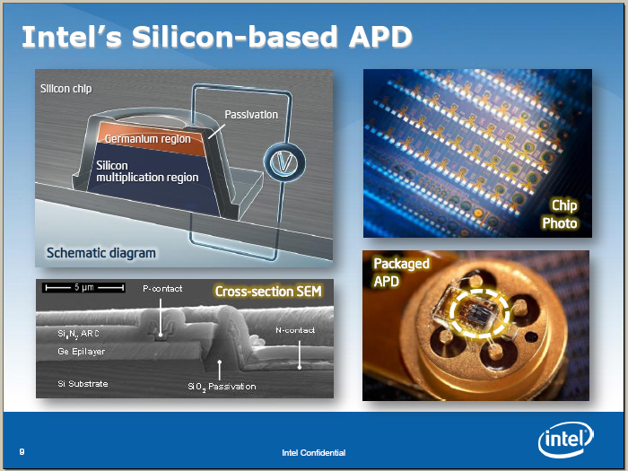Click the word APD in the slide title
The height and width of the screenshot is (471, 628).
[380, 37]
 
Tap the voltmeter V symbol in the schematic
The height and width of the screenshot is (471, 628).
[284, 162]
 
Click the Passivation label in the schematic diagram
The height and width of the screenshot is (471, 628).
[251, 115]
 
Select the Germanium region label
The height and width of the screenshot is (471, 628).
[147, 138]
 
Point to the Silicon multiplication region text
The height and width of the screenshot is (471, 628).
[147, 171]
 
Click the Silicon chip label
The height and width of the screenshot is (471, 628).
[66, 89]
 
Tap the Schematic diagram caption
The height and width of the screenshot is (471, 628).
[100, 253]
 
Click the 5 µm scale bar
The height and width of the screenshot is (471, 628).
[84, 287]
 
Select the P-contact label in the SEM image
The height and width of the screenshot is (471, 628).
[162, 288]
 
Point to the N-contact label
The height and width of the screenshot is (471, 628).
[295, 330]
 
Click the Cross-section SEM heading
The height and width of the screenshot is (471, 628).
[268, 292]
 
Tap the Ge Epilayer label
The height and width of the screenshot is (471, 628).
[82, 352]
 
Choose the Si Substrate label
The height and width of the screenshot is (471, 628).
[83, 383]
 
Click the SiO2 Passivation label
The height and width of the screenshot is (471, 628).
[222, 387]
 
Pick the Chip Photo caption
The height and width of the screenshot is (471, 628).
[560, 214]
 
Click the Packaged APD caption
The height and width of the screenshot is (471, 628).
[401, 273]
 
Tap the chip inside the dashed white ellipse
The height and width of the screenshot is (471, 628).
[477, 313]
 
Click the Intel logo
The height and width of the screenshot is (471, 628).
[566, 440]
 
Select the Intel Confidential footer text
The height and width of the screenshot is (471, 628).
[314, 452]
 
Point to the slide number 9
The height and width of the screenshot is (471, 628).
[22, 452]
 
